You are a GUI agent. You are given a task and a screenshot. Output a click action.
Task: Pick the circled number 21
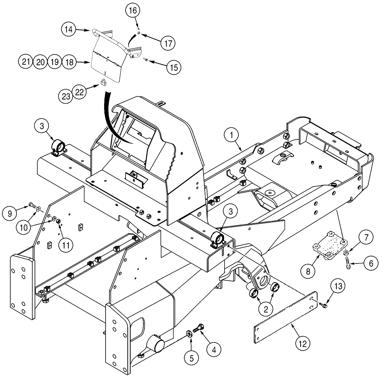26,61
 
